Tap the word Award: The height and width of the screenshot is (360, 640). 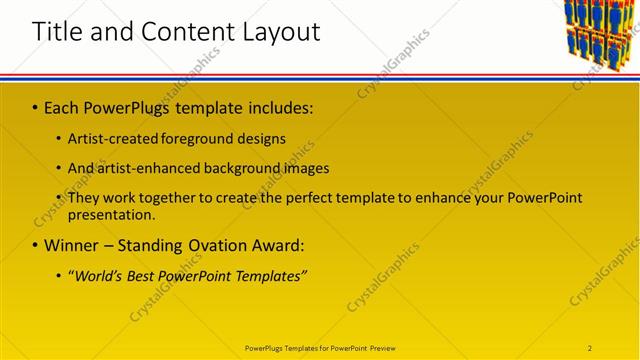pos(277,245)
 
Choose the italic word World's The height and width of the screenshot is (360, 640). pos(97,275)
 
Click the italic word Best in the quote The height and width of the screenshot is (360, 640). pos(144,275)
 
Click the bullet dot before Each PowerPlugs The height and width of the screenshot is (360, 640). pos(35,107)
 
